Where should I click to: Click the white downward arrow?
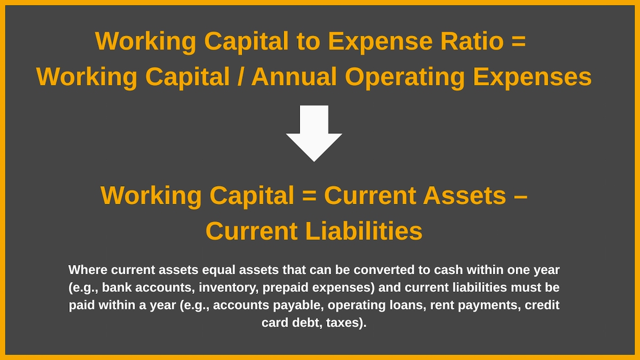pos(314,133)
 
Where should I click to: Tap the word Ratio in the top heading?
pos(472,41)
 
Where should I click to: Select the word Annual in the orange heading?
pos(294,77)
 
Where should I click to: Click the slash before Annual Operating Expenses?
pos(241,77)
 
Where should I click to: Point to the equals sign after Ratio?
pos(518,42)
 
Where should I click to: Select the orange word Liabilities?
pos(364,231)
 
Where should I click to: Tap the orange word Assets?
pos(465,195)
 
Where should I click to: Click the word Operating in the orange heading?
pos(405,77)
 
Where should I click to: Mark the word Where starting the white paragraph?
pos(88,270)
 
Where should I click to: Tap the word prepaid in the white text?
pos(285,287)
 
